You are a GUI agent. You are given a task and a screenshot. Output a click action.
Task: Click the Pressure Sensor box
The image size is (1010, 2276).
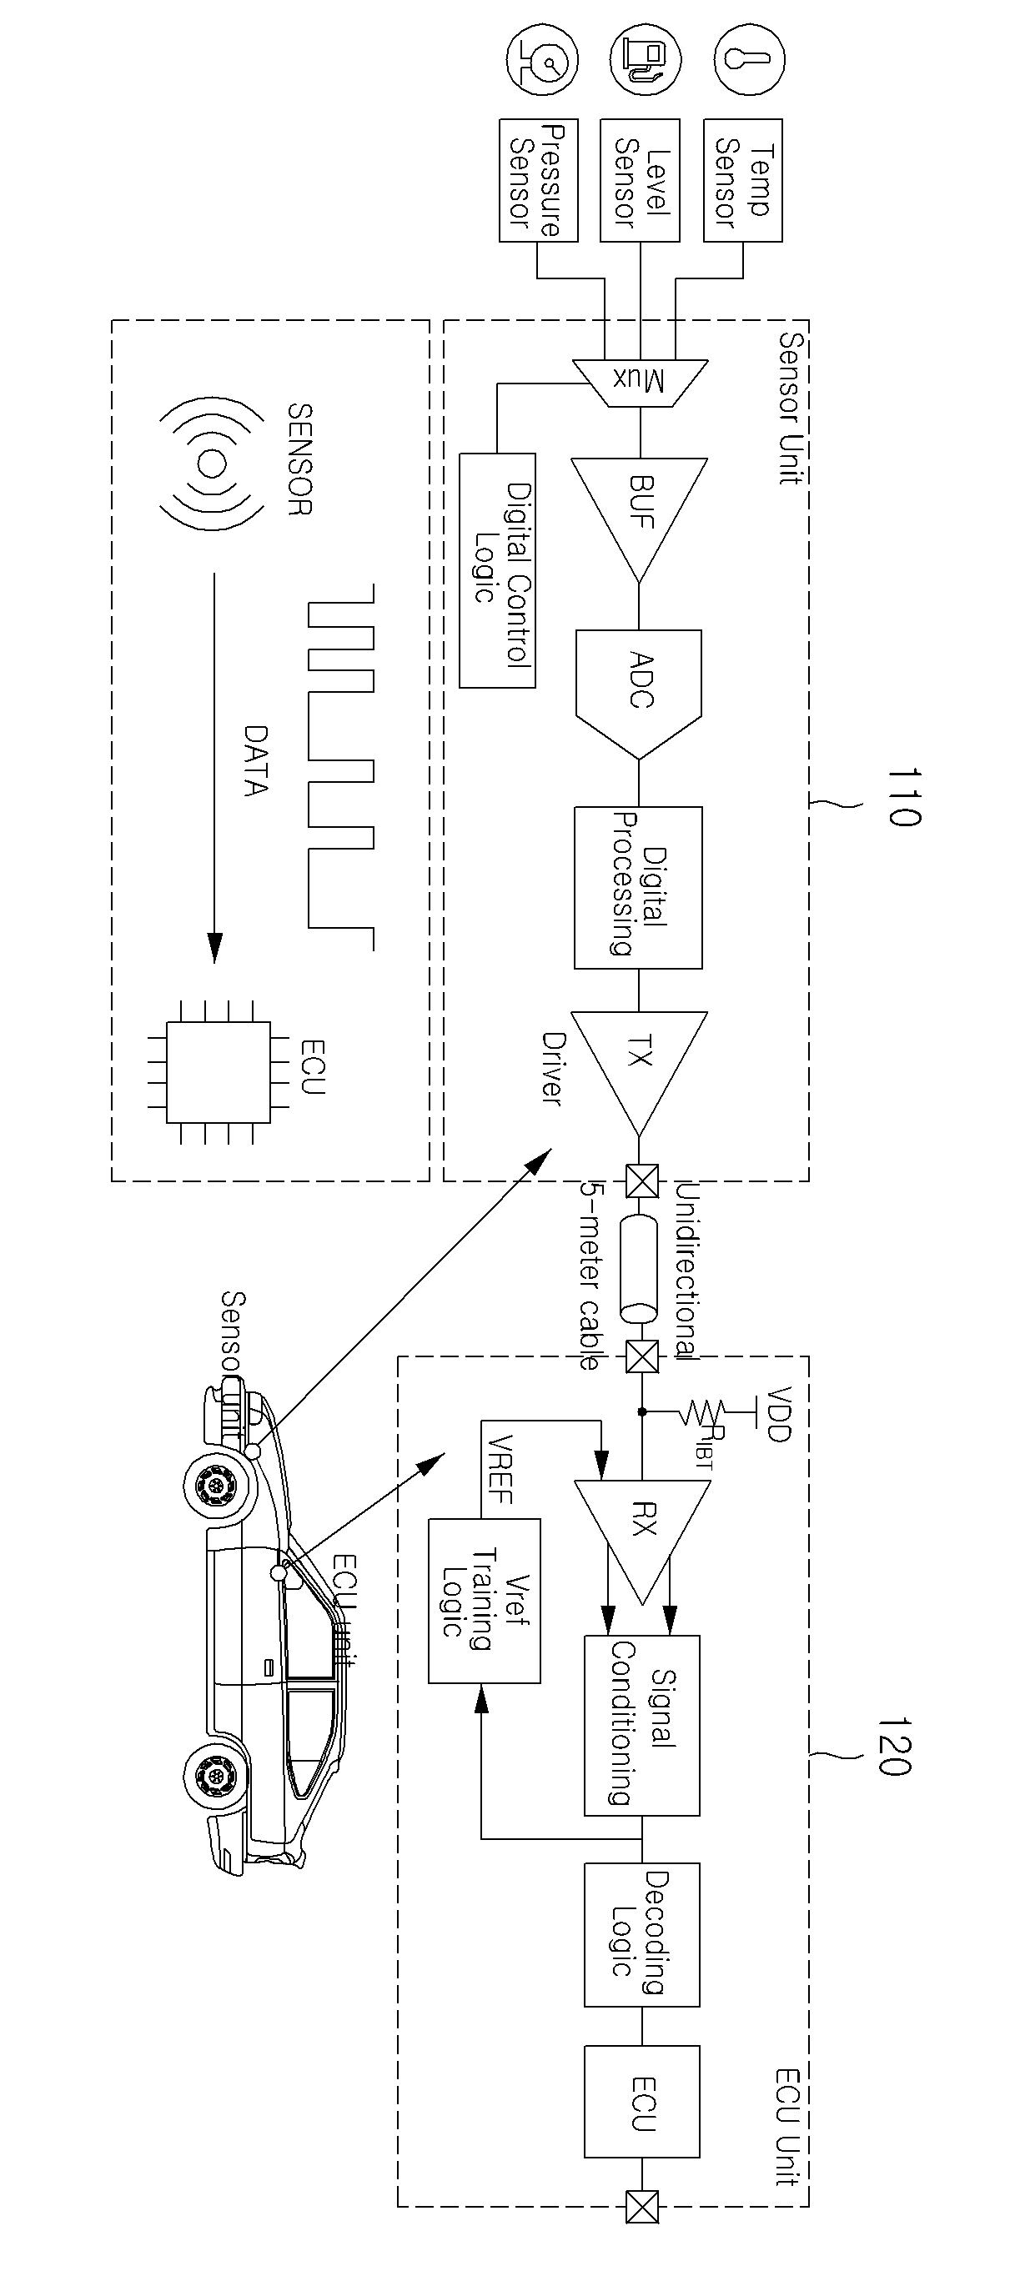539,181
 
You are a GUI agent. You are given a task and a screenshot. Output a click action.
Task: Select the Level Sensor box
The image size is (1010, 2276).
641,181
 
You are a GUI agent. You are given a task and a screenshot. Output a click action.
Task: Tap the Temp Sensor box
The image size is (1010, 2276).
743,181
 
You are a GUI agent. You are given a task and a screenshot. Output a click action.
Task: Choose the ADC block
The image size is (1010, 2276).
639,694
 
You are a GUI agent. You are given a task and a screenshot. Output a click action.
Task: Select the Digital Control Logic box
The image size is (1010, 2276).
497,571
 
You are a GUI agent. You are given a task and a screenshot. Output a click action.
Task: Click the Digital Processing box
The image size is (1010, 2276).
638,887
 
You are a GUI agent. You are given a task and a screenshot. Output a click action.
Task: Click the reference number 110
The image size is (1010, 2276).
903,796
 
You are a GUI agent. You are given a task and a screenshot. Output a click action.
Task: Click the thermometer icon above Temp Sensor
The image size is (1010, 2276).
749,59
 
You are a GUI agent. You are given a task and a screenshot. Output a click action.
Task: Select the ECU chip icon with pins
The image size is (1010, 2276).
219,1072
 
